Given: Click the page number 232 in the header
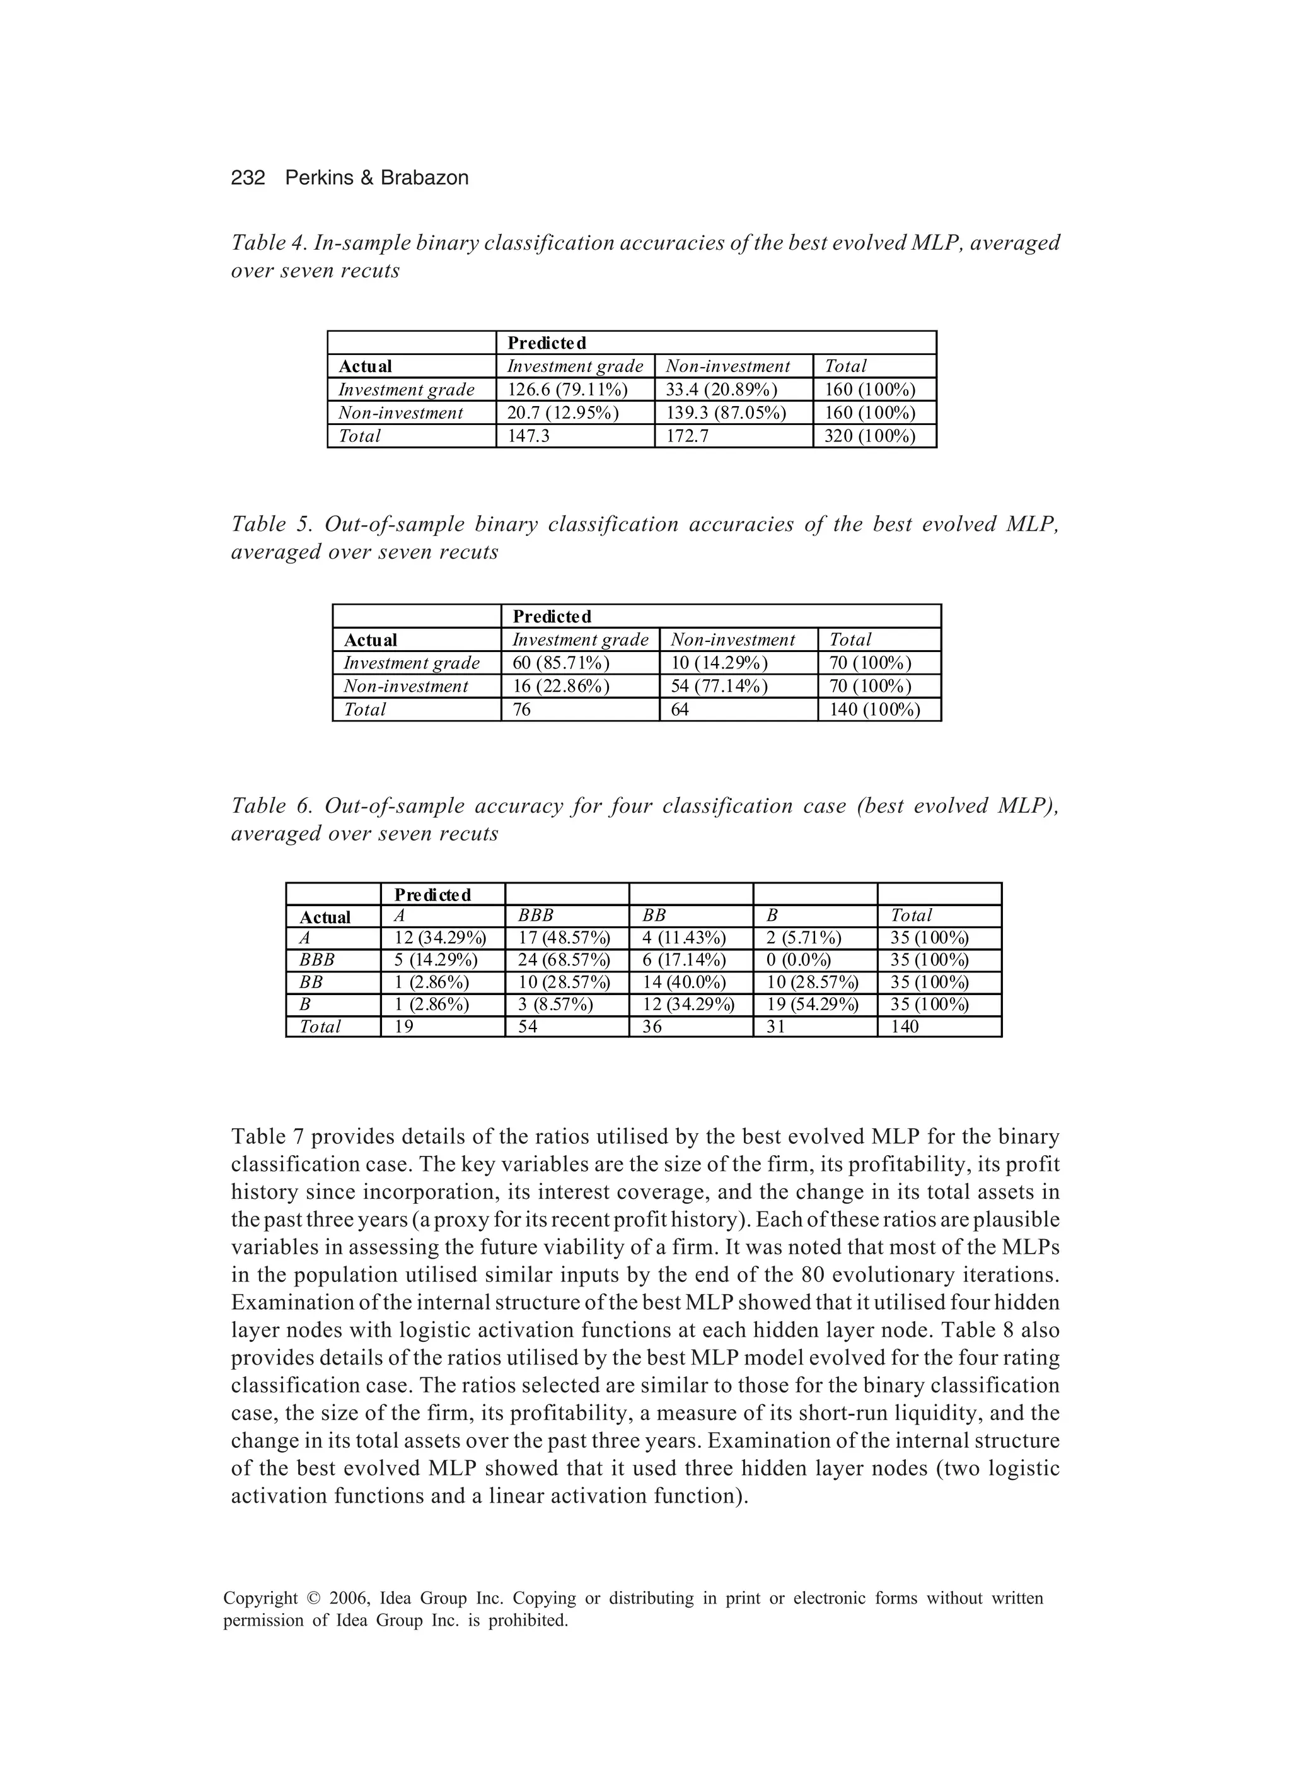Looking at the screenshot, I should pos(248,178).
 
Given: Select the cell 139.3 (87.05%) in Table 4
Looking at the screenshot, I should pos(726,412).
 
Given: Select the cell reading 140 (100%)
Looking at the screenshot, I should pos(874,710).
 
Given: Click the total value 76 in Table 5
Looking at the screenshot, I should pos(521,710).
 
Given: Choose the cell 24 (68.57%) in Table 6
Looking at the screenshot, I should pos(564,960).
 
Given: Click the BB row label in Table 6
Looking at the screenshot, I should pos(311,982).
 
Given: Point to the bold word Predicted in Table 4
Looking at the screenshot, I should pos(547,343).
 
